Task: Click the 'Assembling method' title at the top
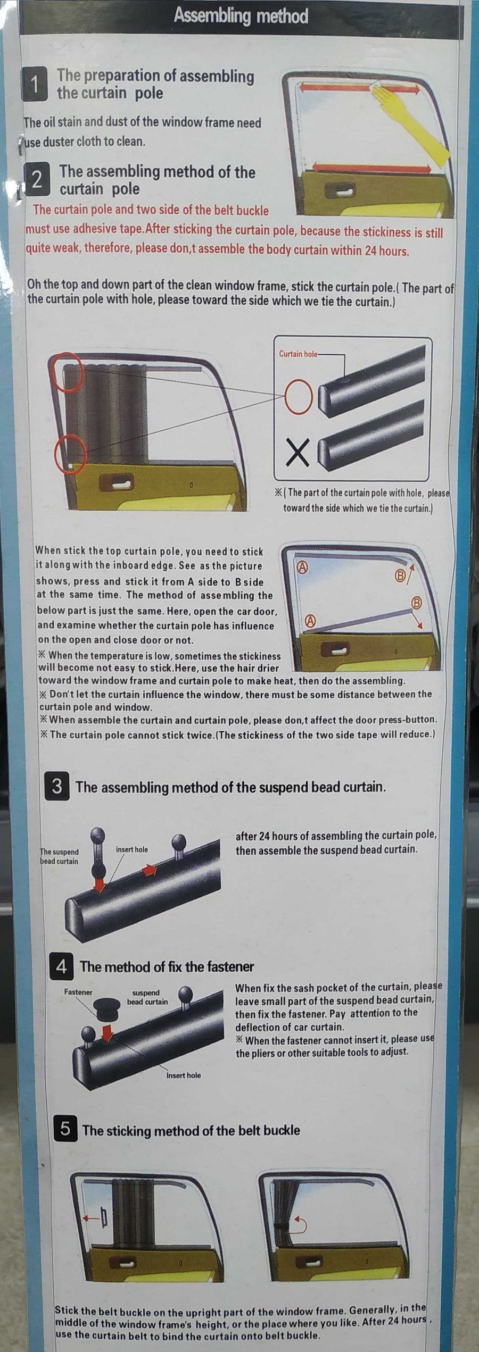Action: tap(241, 16)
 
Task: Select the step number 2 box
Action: tap(37, 180)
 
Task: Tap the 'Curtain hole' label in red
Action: tap(299, 354)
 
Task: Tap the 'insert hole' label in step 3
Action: tap(132, 849)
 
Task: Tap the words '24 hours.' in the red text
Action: tap(386, 251)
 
